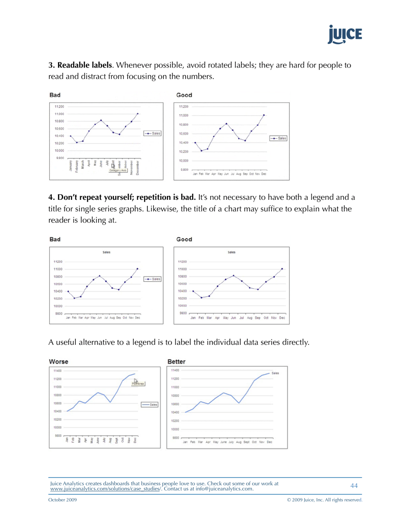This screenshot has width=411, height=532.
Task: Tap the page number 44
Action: [354, 486]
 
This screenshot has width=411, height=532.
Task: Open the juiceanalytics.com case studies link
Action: [106, 489]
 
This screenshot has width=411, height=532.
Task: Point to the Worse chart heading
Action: [58, 361]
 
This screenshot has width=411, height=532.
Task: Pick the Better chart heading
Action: [177, 361]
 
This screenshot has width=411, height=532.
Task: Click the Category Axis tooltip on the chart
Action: [118, 170]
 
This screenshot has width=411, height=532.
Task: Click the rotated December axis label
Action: [138, 167]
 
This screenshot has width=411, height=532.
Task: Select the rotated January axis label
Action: [71, 166]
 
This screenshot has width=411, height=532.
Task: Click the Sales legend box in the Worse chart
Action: [150, 404]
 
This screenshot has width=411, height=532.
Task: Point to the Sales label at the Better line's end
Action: [275, 373]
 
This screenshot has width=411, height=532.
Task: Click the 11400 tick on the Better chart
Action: [175, 371]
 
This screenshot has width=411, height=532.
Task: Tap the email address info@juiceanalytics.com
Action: [219, 489]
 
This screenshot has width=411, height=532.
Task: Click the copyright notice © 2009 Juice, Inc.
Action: [324, 500]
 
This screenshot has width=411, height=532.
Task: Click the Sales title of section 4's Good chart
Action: [231, 252]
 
